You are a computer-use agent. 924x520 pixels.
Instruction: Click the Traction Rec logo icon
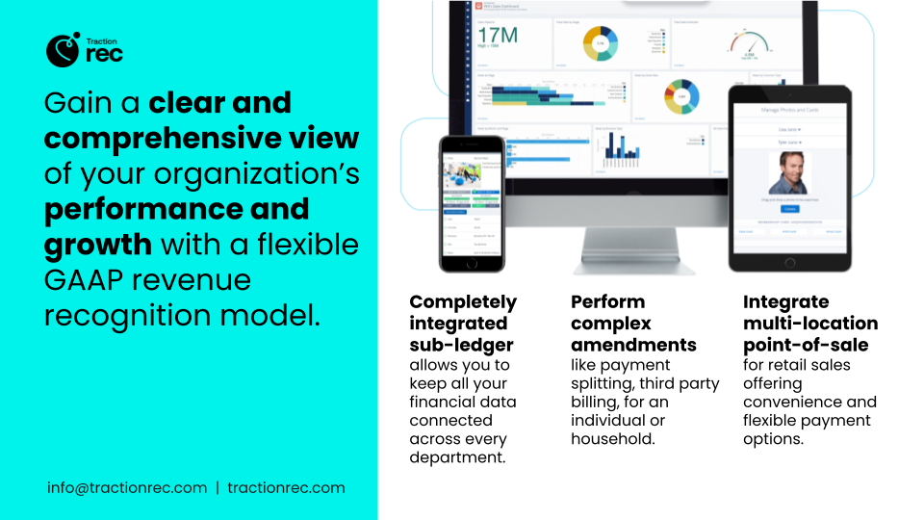[x=62, y=49]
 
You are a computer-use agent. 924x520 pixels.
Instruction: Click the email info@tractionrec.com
[x=127, y=487]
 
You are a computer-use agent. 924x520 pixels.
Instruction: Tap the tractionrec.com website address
[x=286, y=487]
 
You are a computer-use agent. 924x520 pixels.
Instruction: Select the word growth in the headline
[x=98, y=244]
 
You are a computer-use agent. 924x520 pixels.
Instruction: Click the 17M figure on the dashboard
[x=498, y=36]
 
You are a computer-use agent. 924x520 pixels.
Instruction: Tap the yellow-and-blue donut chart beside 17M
[x=600, y=43]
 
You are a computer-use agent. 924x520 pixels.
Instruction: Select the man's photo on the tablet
[x=789, y=173]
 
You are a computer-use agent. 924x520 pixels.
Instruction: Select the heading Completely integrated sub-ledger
[x=463, y=323]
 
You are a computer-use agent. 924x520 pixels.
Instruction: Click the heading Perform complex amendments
[x=633, y=323]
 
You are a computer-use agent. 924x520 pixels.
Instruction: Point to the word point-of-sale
[x=805, y=345]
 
